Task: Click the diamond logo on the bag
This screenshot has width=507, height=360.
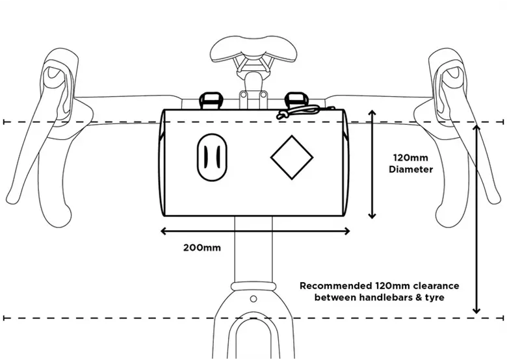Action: point(292,157)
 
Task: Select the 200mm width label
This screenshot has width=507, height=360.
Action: point(202,248)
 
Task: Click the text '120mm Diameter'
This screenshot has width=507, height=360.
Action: point(411,164)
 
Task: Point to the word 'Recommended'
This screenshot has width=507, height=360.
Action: point(335,286)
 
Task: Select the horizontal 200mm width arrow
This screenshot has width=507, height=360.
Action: point(255,231)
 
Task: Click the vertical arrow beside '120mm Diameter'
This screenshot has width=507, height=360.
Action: point(372,164)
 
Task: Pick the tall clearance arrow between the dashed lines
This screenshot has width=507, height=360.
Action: point(476,219)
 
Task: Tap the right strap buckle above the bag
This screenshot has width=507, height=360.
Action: point(294,101)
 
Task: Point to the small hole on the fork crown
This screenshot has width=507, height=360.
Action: point(253,298)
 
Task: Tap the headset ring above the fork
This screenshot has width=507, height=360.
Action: point(253,286)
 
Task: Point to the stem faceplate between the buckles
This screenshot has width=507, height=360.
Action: point(253,99)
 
